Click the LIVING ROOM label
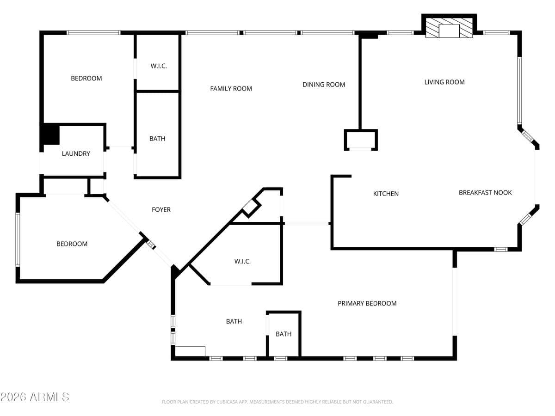tap(444, 82)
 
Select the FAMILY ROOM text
tap(231, 89)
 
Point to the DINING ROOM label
tap(324, 85)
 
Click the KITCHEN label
tap(386, 194)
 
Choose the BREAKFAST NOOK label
tap(485, 193)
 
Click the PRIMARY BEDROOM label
tap(367, 304)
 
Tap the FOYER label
tap(161, 210)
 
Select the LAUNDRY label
tap(76, 154)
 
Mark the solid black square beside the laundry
tap(50, 135)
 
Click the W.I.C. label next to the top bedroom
tap(158, 66)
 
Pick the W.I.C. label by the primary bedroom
tap(242, 262)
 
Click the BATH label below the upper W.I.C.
tap(157, 139)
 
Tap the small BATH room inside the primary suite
tap(284, 334)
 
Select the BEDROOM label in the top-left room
tap(86, 79)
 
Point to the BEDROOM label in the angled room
tap(72, 244)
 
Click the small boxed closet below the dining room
tap(361, 140)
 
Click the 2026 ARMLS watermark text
tap(35, 397)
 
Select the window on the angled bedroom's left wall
tap(18, 239)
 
